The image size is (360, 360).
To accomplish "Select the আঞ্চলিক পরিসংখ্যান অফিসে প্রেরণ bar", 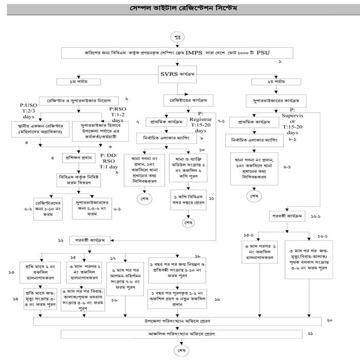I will [x=177, y=334].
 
